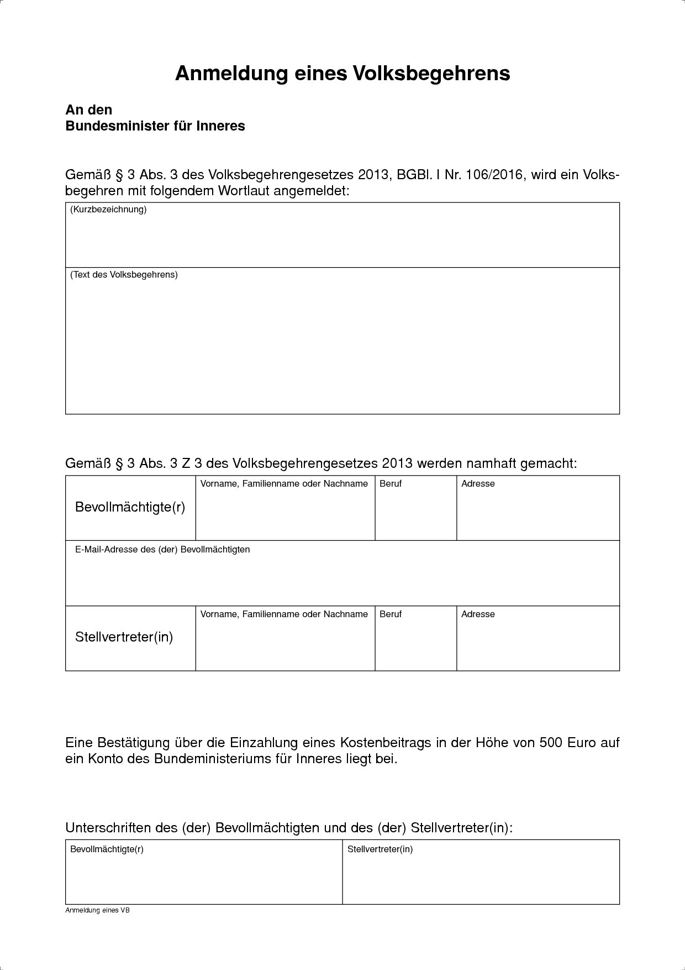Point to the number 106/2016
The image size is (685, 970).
(x=494, y=175)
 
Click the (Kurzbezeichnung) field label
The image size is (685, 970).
(x=108, y=210)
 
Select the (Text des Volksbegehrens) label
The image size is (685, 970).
(x=124, y=275)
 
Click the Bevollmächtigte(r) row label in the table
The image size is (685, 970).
(x=130, y=507)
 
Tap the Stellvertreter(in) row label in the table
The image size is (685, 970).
(x=124, y=637)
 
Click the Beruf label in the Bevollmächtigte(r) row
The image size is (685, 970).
(x=391, y=484)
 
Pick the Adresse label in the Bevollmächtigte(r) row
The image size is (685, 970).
(x=478, y=484)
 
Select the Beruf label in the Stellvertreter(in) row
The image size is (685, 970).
(x=391, y=614)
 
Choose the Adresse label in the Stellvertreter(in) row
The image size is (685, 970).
(x=478, y=614)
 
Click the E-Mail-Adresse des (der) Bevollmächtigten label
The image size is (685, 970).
(x=162, y=550)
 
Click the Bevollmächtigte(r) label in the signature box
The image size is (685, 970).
(x=107, y=849)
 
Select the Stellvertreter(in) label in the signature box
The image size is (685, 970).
(x=380, y=849)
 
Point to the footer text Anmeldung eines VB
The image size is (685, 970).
(x=97, y=910)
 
